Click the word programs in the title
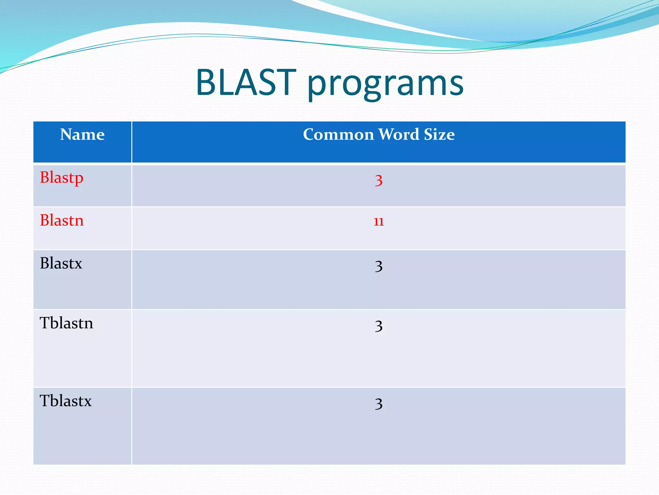click(x=385, y=84)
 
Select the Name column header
click(x=82, y=134)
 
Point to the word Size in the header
click(x=439, y=134)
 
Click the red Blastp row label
click(x=61, y=178)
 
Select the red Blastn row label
click(x=61, y=220)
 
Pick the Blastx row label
click(x=61, y=263)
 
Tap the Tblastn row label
click(x=66, y=323)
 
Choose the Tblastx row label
click(x=66, y=401)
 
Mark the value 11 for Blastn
click(x=379, y=222)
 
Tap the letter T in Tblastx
click(x=45, y=401)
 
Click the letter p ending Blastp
click(x=79, y=179)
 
